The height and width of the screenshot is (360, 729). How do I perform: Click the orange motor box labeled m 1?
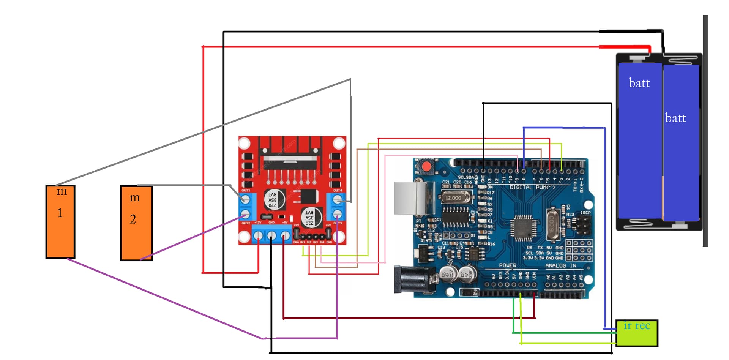[60, 222]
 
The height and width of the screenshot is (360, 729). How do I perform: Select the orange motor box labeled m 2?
[136, 223]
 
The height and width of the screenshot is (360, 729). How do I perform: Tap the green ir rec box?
[636, 333]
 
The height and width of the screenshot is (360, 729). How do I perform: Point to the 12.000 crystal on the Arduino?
[454, 198]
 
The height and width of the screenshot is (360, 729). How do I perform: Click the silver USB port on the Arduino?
[414, 198]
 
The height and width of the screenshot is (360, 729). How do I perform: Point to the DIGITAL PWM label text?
[532, 188]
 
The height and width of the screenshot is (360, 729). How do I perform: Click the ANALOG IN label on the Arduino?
[560, 266]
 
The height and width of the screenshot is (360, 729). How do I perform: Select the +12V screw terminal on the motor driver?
[258, 236]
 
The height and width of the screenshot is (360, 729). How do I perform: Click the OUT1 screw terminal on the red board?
[245, 199]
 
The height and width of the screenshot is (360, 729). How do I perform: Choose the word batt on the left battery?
[639, 83]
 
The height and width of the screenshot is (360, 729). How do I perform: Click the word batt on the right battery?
[675, 118]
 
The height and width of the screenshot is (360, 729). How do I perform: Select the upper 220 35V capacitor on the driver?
[274, 199]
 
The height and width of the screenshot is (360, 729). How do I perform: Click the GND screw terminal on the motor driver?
[271, 236]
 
